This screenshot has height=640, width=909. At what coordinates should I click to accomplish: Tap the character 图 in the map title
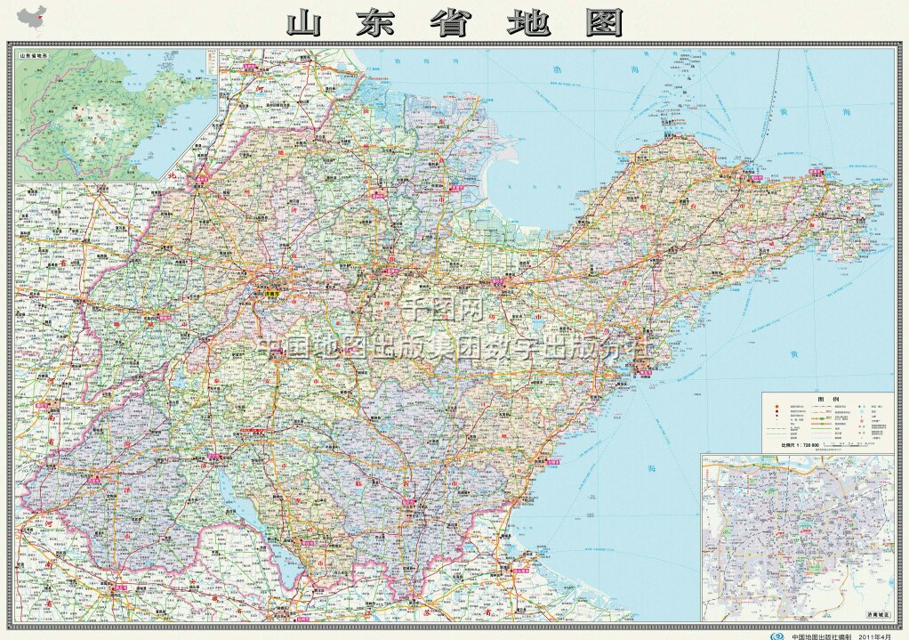click(605, 24)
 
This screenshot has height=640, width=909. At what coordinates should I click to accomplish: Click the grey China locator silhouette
click(33, 17)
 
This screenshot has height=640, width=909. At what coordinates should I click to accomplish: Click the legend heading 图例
click(827, 400)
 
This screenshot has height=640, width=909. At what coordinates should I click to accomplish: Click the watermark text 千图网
click(442, 311)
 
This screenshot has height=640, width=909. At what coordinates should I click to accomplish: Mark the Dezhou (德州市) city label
click(201, 177)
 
